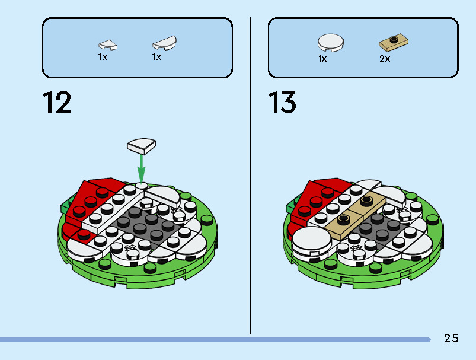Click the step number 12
pos(57,103)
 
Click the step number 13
pos(282,103)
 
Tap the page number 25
pos(451,339)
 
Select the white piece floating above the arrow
pos(141,146)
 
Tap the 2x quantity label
pos(385,59)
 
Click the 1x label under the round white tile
pos(322,59)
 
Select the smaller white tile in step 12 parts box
pos(107,44)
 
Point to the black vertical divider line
pos(250,178)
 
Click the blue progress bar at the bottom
pos(213,340)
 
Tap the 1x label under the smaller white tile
pos(103,57)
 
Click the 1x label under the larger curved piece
pos(156,57)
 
